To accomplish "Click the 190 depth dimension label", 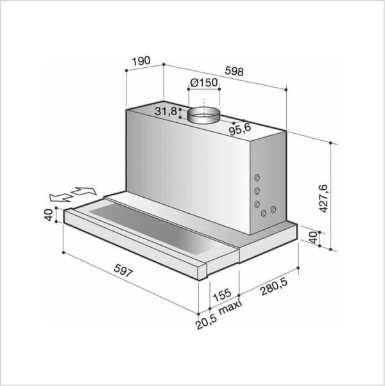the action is [x=141, y=61].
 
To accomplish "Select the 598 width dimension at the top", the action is [x=234, y=71].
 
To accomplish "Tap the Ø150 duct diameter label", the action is [x=204, y=83].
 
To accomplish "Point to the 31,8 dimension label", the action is [x=166, y=111].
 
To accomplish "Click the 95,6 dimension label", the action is [x=240, y=129].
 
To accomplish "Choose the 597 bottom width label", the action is [x=123, y=271].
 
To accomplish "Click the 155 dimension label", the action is [x=222, y=294].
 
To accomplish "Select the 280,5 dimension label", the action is [x=274, y=287].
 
